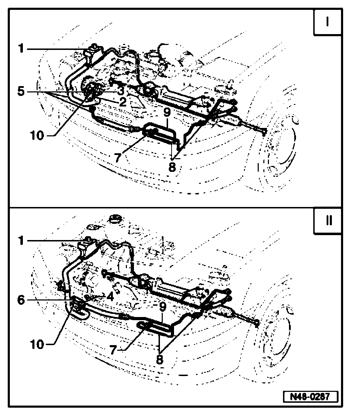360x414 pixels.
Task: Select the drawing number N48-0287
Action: click(310, 396)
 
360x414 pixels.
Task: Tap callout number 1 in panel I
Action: click(21, 48)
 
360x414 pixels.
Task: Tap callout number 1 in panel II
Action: click(21, 241)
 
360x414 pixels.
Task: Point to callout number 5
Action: click(21, 92)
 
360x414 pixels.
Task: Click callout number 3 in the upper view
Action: click(120, 91)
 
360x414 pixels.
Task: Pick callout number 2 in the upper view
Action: click(122, 102)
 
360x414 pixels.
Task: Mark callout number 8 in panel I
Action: click(172, 167)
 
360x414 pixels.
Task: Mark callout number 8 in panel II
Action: click(160, 359)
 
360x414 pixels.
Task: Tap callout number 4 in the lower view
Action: click(110, 296)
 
